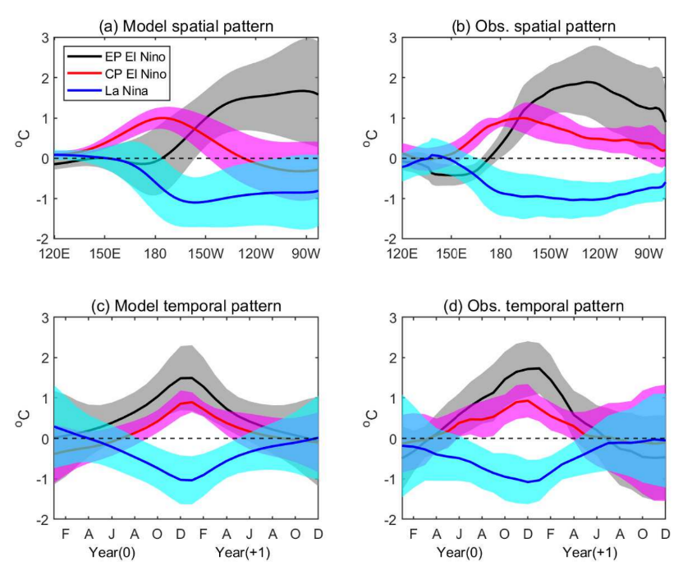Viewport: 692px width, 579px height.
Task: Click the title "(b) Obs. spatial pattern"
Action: pyautogui.click(x=534, y=25)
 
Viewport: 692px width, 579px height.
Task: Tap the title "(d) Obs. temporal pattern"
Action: pyautogui.click(x=534, y=306)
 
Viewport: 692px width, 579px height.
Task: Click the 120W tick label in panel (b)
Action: pyautogui.click(x=598, y=253)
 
